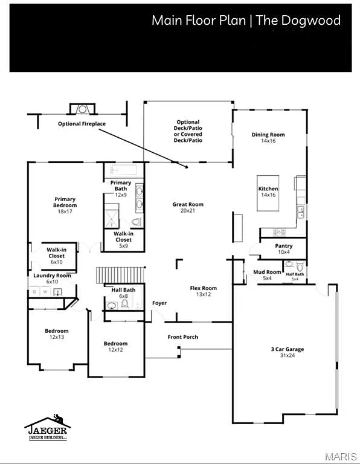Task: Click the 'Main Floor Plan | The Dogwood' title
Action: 246,21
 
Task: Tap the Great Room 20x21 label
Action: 188,207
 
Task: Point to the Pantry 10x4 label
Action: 283,248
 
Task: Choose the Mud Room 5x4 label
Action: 267,275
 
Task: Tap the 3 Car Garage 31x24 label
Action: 287,352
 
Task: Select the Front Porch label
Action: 182,337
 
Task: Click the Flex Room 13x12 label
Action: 203,291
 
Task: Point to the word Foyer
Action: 159,303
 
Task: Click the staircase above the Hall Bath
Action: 121,275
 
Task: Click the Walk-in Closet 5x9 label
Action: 123,240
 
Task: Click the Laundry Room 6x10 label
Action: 52,279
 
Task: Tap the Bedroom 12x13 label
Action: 57,333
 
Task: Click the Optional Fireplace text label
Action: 82,124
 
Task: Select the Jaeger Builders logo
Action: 47,430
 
